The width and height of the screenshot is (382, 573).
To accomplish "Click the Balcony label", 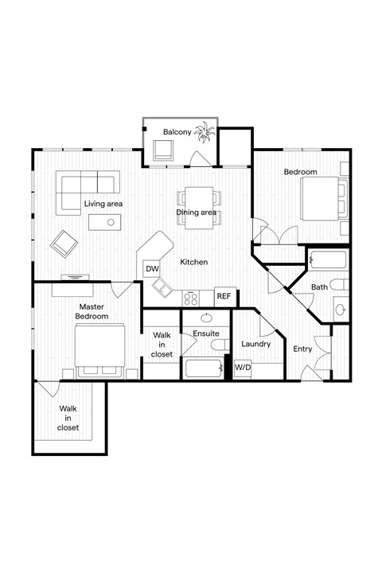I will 176,132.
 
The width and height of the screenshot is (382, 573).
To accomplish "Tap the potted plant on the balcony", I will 206,132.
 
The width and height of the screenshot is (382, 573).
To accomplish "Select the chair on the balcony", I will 163,149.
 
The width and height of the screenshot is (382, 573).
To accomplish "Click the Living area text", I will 103,205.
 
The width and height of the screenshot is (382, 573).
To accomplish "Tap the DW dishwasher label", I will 152,269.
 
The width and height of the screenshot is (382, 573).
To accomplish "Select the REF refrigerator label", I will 224,296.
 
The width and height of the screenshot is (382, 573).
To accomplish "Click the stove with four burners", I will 191,298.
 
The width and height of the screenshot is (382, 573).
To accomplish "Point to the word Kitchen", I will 193,262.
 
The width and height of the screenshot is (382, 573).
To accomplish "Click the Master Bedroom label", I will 92,311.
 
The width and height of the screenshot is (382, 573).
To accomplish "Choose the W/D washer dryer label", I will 242,368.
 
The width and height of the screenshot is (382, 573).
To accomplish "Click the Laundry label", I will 255,344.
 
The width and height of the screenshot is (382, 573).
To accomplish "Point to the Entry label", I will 302,349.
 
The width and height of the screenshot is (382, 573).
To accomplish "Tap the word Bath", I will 319,286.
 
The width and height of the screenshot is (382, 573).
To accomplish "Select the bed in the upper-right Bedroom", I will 324,197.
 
